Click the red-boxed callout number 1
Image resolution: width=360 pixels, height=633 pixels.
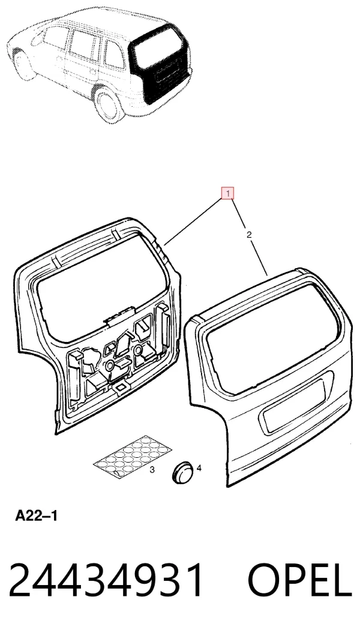(227, 194)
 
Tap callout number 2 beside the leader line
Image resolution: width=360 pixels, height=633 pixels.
(249, 235)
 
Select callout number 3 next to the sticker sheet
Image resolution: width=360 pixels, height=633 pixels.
(152, 470)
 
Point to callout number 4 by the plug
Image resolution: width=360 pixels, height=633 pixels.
(199, 468)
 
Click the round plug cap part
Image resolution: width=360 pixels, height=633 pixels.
(183, 471)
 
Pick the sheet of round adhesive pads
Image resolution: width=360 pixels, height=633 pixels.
(133, 456)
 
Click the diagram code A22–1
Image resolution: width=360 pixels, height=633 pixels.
(37, 515)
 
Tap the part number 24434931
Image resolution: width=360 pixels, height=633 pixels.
(106, 580)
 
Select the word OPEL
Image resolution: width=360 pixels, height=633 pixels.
(299, 580)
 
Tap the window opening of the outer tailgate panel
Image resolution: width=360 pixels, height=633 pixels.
(271, 339)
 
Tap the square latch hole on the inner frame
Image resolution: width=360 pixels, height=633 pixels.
(120, 388)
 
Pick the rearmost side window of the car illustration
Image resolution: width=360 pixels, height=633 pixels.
(114, 55)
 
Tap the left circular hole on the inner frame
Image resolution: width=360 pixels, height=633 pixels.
(109, 366)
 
